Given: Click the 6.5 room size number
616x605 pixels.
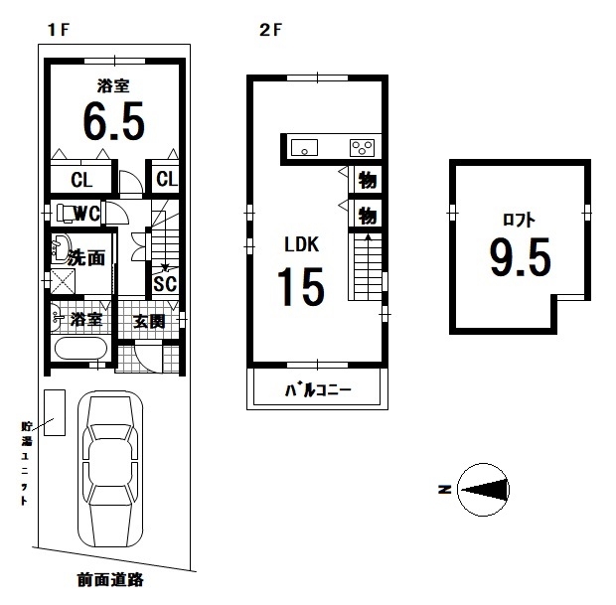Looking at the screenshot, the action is click(114, 121).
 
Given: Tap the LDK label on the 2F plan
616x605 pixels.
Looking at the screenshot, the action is click(302, 244).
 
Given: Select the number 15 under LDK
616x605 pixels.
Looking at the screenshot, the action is click(301, 286).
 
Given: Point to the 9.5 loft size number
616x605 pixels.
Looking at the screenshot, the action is click(521, 257).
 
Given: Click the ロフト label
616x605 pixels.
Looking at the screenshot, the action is click(519, 220).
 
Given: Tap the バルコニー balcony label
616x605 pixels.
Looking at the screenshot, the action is click(318, 390).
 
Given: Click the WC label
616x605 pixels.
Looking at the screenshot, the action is click(86, 214).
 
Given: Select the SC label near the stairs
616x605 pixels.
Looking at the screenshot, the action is click(165, 284).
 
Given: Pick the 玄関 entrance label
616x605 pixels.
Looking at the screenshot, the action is click(149, 322).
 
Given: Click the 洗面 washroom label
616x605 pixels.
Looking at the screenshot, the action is click(86, 258).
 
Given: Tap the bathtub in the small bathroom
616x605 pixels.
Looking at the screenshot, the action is click(80, 349).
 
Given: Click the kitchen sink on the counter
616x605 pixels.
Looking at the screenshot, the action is click(304, 148).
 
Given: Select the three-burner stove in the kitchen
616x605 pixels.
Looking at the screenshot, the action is click(362, 148).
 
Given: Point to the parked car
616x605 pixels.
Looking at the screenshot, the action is click(110, 469).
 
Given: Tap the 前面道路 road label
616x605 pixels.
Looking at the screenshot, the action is click(110, 579).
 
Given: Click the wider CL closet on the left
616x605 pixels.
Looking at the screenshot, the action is click(81, 180).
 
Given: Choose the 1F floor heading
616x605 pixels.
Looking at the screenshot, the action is click(59, 30).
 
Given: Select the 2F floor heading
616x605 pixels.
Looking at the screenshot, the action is click(270, 30).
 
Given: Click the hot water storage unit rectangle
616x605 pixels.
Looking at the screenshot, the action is click(55, 412).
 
